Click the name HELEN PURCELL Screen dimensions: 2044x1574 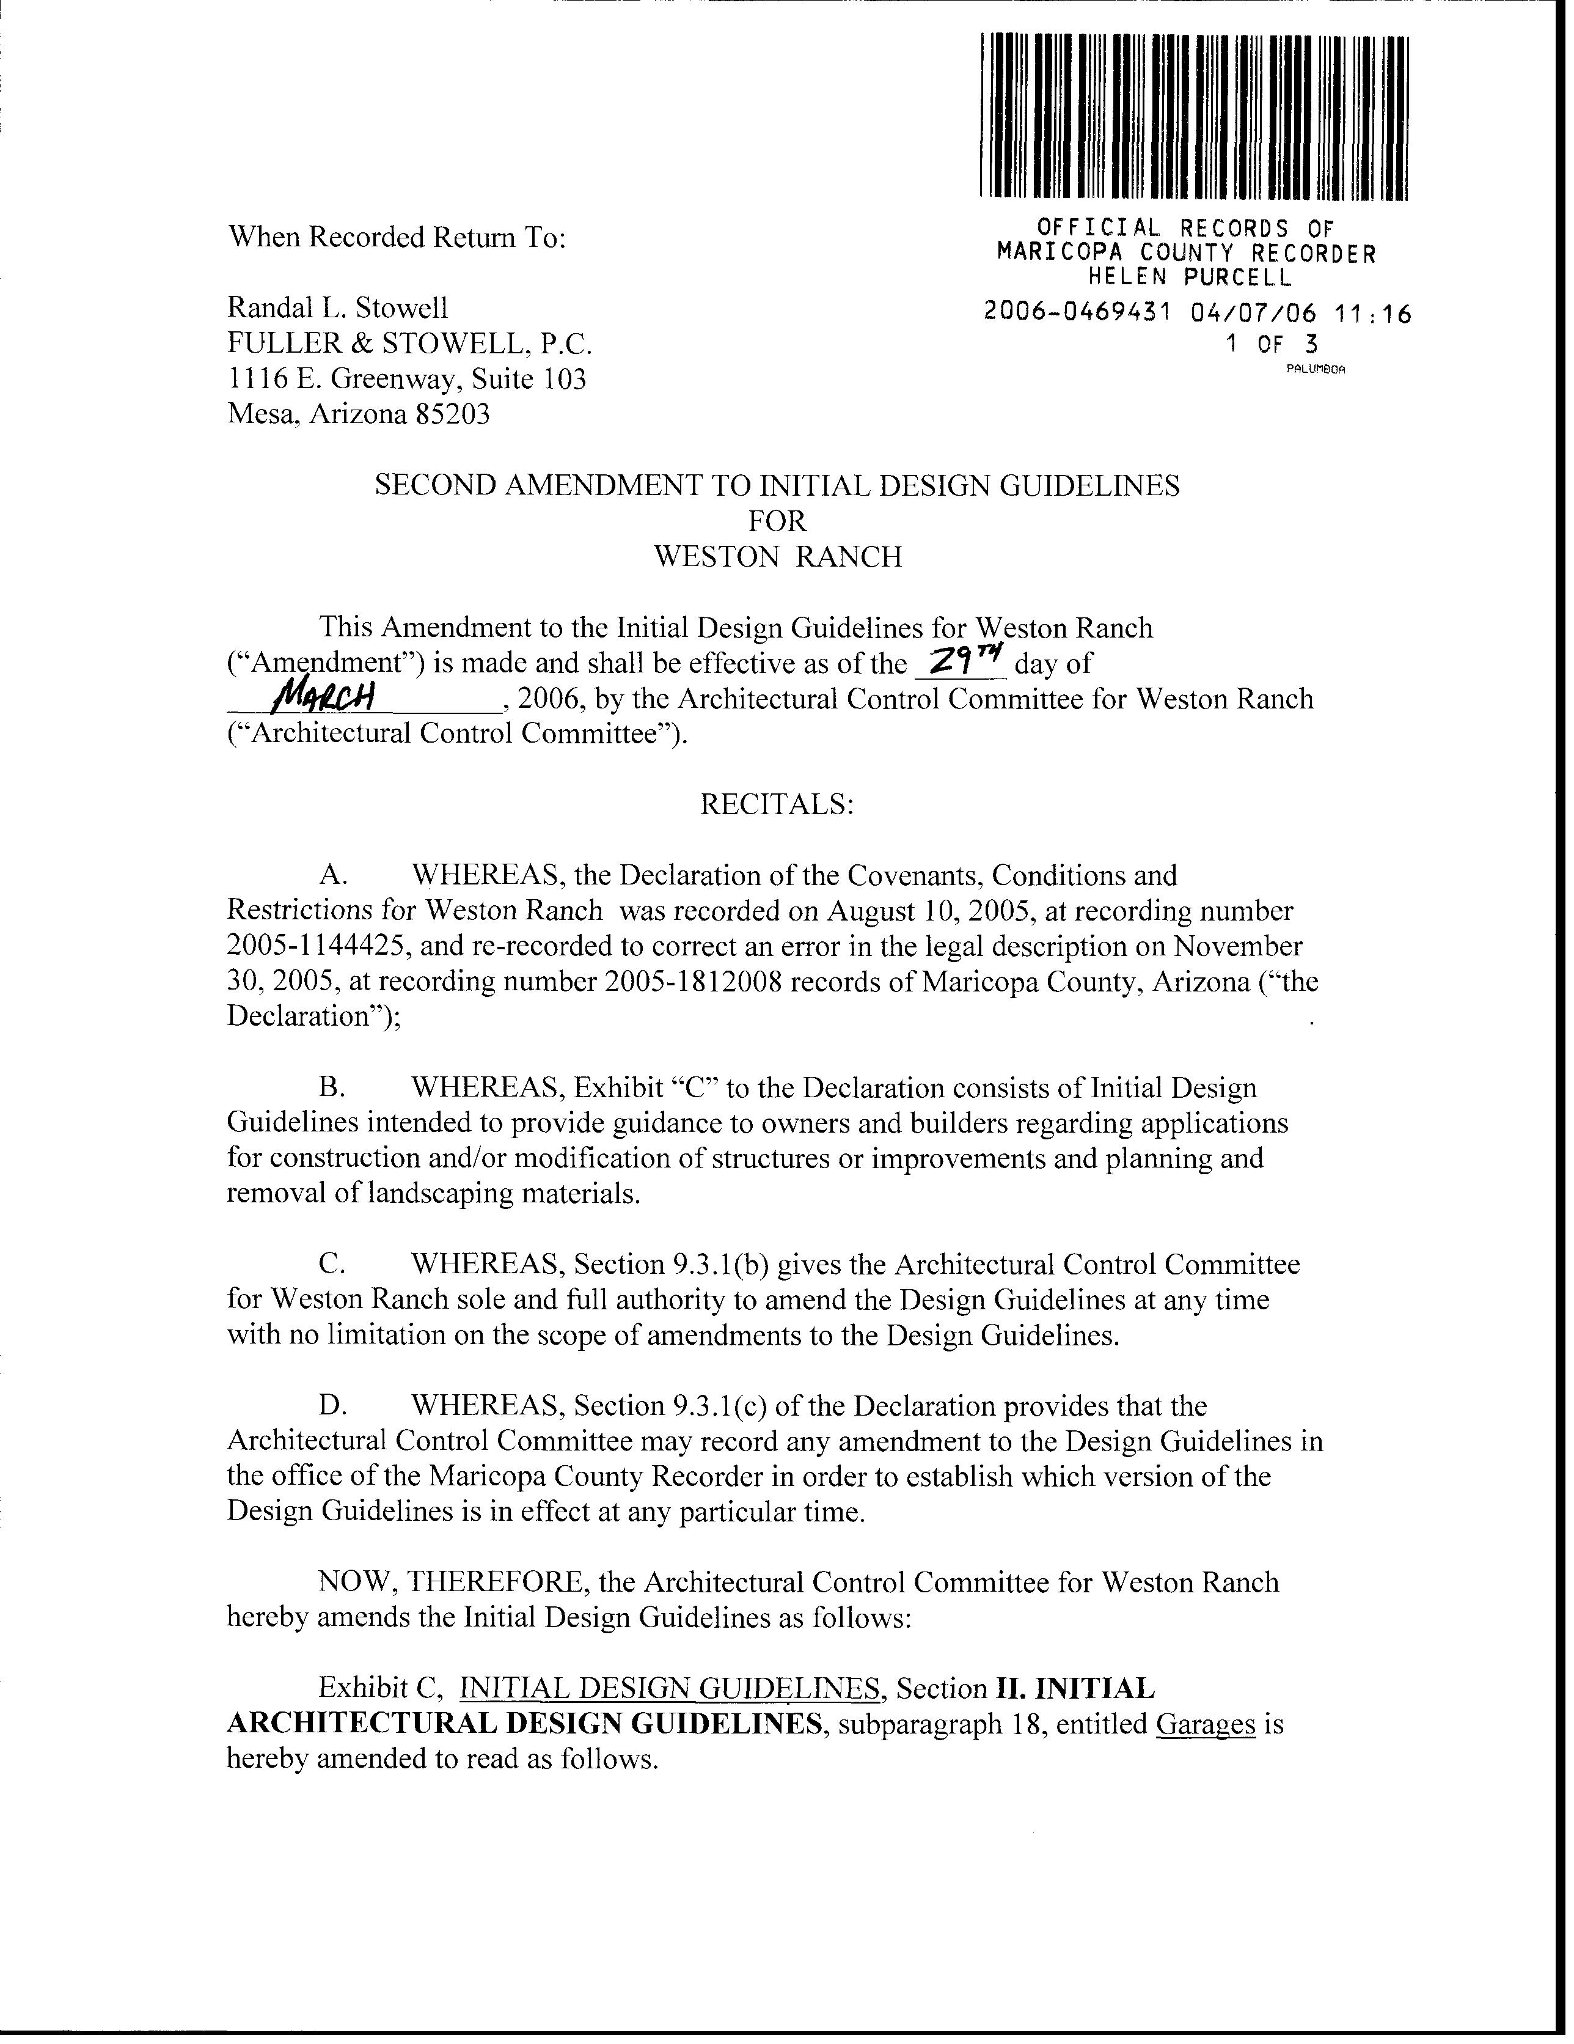(x=1188, y=277)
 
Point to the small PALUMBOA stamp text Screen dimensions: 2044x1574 (x=1315, y=369)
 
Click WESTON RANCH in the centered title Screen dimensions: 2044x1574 (x=778, y=557)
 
